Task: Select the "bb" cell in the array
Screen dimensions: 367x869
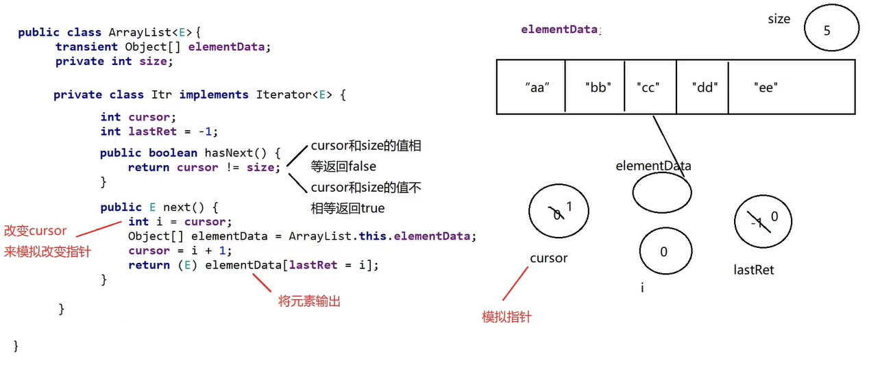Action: (x=595, y=87)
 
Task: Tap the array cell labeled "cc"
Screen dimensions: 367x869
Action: (x=650, y=87)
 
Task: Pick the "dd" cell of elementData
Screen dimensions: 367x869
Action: (x=702, y=87)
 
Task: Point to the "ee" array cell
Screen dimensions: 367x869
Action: (x=792, y=87)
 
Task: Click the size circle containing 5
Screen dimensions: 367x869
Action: (x=830, y=31)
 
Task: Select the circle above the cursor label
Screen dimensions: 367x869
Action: (x=559, y=213)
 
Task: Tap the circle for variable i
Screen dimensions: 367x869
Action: (x=663, y=251)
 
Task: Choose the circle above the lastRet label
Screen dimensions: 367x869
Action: (x=763, y=220)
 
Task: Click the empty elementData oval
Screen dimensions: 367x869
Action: (x=661, y=194)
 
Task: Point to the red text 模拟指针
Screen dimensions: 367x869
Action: (x=506, y=317)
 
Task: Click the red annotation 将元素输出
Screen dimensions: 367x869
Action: (x=309, y=301)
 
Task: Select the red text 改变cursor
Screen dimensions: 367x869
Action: (x=36, y=230)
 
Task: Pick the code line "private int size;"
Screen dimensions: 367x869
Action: (x=114, y=62)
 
